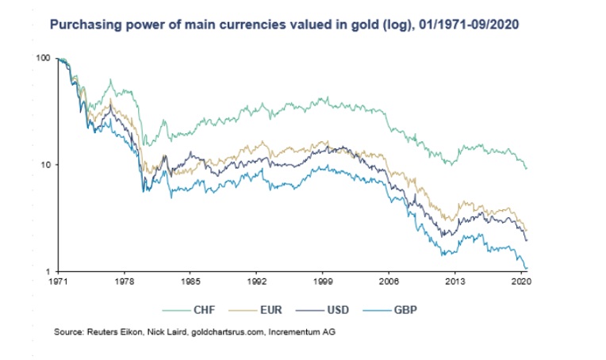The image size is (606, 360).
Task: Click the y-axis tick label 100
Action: click(x=44, y=59)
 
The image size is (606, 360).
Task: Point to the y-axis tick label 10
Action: click(x=45, y=165)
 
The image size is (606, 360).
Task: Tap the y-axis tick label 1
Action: click(x=48, y=271)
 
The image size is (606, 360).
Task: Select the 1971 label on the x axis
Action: click(x=58, y=281)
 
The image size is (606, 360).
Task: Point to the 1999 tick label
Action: click(x=322, y=281)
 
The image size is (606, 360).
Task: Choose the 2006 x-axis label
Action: click(x=388, y=281)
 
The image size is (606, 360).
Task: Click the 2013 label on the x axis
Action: click(x=454, y=281)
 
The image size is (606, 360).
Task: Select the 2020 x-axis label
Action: click(x=520, y=281)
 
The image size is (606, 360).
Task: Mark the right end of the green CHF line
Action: click(x=527, y=168)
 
